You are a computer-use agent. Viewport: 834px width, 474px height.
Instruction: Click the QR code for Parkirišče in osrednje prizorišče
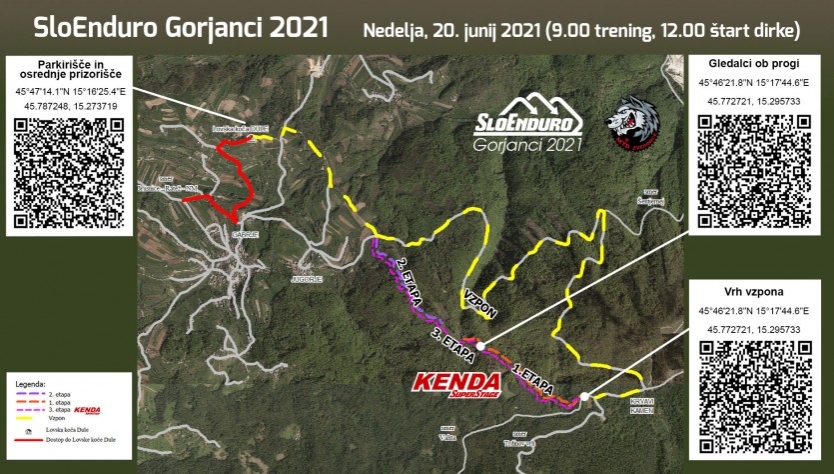click(69, 171)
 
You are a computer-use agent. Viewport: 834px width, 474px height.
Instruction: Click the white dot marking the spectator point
click(480, 346)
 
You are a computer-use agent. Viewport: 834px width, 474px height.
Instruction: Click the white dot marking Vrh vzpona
click(582, 396)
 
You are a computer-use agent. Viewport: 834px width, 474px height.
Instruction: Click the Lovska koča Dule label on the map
click(240, 130)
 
